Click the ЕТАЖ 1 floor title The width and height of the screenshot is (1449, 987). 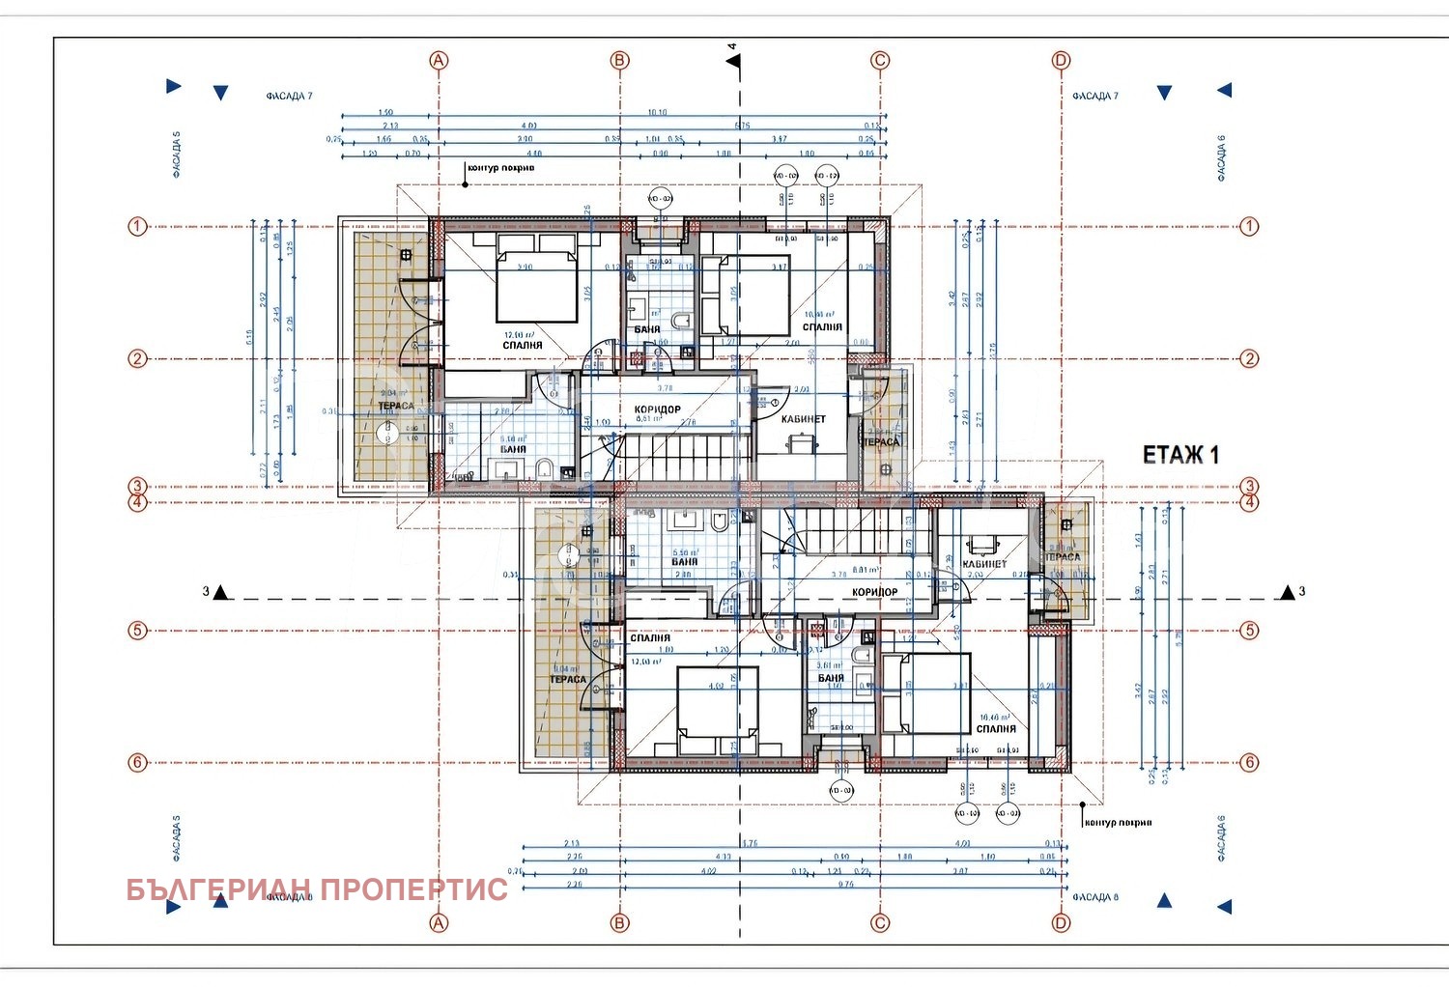[1180, 455]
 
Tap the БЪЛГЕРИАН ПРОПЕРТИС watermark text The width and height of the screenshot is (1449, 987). [317, 889]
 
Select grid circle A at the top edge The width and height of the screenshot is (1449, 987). [439, 60]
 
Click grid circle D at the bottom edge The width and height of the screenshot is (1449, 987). [1061, 923]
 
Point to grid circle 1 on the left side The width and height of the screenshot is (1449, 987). [137, 227]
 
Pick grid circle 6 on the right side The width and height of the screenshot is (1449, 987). [1249, 763]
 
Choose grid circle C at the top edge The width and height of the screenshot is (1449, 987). [880, 60]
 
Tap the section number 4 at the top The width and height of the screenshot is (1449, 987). [732, 46]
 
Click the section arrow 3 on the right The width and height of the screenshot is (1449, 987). [1288, 592]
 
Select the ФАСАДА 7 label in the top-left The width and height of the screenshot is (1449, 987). [289, 97]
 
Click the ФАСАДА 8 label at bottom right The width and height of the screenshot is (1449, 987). [1094, 897]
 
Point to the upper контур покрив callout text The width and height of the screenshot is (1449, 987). [500, 168]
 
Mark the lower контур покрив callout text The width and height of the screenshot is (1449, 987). [1118, 823]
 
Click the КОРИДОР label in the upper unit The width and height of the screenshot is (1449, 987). [657, 409]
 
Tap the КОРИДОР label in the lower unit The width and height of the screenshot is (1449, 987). [874, 592]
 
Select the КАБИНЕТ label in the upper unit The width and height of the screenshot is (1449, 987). [803, 419]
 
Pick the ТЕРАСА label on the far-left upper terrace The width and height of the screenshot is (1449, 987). [395, 407]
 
